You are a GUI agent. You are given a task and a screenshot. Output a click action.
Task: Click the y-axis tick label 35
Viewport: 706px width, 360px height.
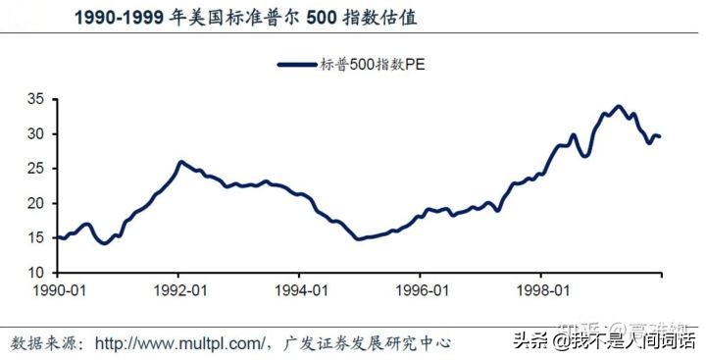(34, 99)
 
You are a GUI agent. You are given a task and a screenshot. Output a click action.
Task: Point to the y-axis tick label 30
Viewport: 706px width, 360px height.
(34, 133)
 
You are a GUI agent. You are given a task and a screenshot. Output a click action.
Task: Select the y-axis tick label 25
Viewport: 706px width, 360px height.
(34, 168)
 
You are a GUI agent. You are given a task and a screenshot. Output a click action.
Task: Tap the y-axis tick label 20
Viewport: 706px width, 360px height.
(34, 203)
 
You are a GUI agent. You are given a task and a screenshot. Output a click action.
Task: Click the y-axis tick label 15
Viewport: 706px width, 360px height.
(34, 237)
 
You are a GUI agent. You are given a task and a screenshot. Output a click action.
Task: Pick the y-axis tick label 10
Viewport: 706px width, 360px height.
(34, 272)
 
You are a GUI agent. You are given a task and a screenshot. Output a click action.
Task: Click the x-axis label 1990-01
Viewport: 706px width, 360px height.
(58, 291)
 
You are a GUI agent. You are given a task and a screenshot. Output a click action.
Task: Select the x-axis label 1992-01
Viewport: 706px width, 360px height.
(179, 291)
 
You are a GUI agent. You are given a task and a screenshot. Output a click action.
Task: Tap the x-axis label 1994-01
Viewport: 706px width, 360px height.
(300, 291)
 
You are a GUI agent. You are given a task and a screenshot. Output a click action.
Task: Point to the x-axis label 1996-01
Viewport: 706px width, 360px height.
(422, 291)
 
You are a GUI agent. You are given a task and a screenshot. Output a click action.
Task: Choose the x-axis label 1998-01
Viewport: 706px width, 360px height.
(542, 291)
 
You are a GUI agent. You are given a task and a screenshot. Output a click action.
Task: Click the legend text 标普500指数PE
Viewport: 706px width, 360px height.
(378, 65)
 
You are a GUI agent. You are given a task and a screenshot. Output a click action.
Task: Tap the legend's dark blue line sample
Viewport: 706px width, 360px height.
(297, 65)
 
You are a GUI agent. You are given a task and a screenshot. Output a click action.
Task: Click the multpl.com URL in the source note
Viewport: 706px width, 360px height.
(182, 343)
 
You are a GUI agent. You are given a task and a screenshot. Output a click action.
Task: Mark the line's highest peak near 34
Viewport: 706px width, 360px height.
(617, 106)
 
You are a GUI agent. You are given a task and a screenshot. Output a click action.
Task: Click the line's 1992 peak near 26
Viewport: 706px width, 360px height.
(181, 162)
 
